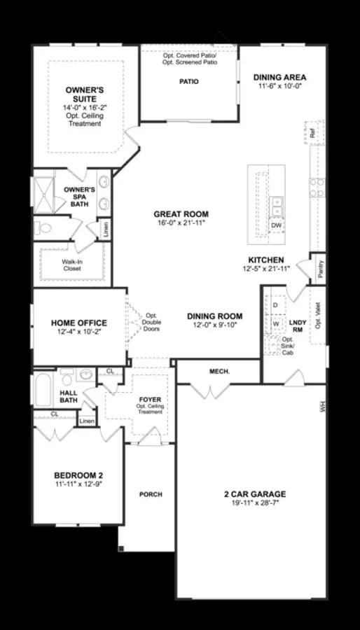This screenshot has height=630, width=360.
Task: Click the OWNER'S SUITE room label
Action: click(84, 94)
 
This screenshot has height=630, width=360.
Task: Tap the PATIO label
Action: click(189, 82)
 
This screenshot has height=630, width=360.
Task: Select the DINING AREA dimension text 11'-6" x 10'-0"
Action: click(280, 85)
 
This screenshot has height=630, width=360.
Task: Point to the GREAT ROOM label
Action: click(181, 214)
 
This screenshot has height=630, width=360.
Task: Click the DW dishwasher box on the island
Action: click(277, 225)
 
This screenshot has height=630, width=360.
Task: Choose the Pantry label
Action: click(320, 269)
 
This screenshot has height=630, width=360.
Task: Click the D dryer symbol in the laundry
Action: click(275, 305)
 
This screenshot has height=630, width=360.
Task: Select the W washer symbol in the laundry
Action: click(276, 323)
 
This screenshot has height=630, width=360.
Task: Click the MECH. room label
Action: click(220, 372)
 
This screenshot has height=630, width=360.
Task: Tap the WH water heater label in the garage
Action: click(322, 407)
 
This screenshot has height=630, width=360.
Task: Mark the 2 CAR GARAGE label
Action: click(255, 494)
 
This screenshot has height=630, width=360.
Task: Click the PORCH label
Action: click(151, 494)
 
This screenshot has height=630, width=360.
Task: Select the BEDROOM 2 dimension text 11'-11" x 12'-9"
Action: click(78, 484)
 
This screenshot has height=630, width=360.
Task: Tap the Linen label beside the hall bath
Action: click(87, 421)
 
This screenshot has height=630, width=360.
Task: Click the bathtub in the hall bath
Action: click(43, 390)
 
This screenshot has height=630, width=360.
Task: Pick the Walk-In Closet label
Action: click(71, 265)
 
